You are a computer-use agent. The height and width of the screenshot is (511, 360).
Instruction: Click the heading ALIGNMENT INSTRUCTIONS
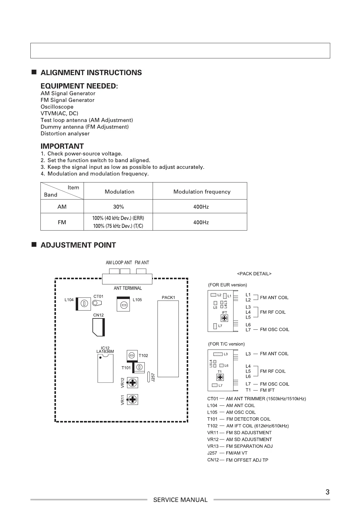click(91, 73)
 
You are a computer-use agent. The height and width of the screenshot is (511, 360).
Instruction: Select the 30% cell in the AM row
click(118, 207)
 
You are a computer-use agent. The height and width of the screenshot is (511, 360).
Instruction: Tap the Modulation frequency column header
click(202, 192)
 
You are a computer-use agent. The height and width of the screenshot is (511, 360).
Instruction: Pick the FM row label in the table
click(62, 222)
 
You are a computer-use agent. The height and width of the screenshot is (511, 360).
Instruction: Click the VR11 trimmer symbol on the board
click(132, 399)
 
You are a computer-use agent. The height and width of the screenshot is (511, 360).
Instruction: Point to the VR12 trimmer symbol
click(132, 382)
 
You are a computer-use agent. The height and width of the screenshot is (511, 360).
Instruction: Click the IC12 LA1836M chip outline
click(105, 368)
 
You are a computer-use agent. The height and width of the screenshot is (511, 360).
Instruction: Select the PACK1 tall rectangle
click(168, 339)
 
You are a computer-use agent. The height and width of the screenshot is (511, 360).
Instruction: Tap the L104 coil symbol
click(84, 303)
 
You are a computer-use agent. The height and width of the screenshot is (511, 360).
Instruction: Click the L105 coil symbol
click(123, 304)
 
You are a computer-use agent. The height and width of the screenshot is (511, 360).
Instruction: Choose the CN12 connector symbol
click(99, 327)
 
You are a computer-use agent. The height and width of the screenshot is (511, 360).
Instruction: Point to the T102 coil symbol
click(132, 355)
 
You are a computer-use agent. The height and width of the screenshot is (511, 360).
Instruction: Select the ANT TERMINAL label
click(128, 288)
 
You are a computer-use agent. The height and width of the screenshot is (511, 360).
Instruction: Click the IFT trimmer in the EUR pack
click(224, 318)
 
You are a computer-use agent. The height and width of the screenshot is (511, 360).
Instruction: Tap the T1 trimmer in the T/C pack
click(220, 377)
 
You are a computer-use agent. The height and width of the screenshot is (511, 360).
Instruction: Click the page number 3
click(327, 492)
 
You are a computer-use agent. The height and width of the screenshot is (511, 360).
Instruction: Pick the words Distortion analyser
click(65, 134)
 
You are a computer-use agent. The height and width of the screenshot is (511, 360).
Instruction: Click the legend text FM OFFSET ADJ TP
click(247, 460)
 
